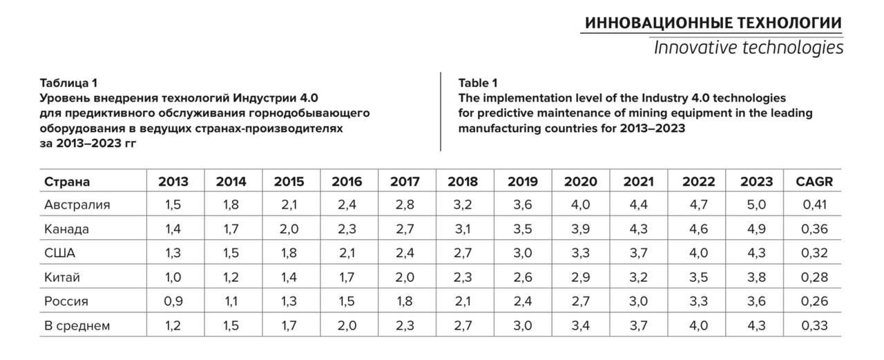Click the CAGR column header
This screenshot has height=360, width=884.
[814, 182]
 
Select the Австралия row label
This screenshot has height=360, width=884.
[77, 205]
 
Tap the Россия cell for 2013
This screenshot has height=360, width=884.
[173, 301]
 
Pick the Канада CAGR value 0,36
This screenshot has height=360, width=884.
[814, 229]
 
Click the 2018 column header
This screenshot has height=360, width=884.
[463, 182]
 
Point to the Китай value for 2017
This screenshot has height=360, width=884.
[405, 277]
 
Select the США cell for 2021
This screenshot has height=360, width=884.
[638, 253]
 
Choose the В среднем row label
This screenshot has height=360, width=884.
[77, 325]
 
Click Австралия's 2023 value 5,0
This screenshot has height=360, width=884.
[756, 205]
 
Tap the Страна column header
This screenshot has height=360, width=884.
[67, 182]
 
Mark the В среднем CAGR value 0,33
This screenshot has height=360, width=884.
[814, 325]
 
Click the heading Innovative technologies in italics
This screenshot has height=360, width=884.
[749, 48]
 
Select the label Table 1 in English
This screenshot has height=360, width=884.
[477, 83]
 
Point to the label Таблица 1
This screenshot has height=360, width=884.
[68, 83]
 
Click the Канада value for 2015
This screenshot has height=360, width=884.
[289, 229]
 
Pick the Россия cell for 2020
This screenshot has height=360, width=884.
[581, 301]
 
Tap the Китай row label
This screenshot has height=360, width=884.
[62, 277]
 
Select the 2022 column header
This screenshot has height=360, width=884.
[698, 182]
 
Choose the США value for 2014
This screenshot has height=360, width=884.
[231, 253]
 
